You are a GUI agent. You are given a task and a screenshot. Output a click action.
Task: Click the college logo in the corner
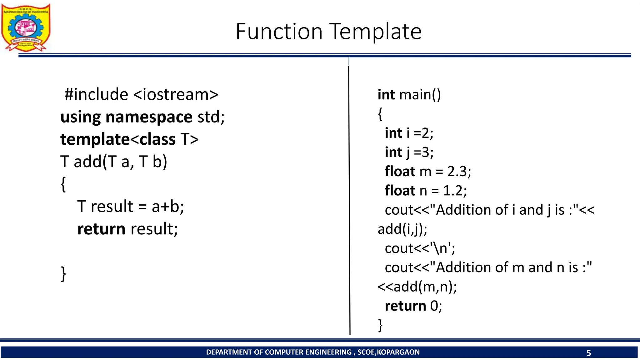pyautogui.click(x=26, y=27)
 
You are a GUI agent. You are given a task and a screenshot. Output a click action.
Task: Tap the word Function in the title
pyautogui.click(x=279, y=32)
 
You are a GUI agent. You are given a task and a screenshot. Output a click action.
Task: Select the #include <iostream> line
pyautogui.click(x=141, y=94)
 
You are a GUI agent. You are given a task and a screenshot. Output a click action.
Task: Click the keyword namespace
pyautogui.click(x=149, y=117)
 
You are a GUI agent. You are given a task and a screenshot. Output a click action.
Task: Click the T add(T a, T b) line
pyautogui.click(x=114, y=162)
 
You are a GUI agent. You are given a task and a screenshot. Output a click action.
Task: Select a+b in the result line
pyautogui.click(x=167, y=207)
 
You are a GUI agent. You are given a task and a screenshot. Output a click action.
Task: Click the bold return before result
pyautogui.click(x=101, y=229)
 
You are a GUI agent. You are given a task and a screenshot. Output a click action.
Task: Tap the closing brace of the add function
pyautogui.click(x=63, y=274)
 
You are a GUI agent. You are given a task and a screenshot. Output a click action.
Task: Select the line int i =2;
pyautogui.click(x=409, y=133)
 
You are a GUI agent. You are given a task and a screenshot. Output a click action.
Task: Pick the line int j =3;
pyautogui.click(x=409, y=152)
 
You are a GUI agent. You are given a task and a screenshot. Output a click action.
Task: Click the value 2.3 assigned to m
pyautogui.click(x=459, y=172)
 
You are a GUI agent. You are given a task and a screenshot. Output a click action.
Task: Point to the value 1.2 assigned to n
pyautogui.click(x=455, y=191)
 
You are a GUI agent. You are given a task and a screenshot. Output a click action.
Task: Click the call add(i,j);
pyautogui.click(x=402, y=229)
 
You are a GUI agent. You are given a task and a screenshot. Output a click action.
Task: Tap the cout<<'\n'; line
pyautogui.click(x=420, y=248)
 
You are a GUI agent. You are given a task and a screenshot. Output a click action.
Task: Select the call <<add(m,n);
pyautogui.click(x=417, y=287)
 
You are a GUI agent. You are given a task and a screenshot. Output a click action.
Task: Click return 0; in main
pyautogui.click(x=413, y=306)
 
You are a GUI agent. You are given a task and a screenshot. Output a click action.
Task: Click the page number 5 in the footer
pyautogui.click(x=589, y=353)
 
